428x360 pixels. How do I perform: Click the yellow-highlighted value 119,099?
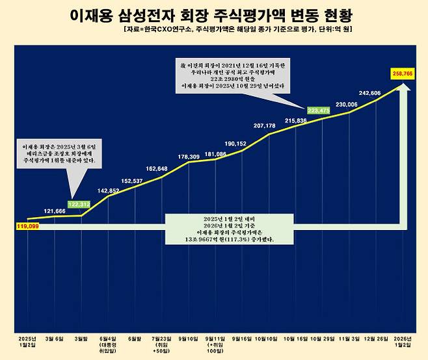coord(25,226)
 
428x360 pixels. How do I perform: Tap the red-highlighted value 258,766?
coord(403,75)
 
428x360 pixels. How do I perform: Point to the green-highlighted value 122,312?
coord(80,204)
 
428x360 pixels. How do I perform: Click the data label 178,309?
coord(189,157)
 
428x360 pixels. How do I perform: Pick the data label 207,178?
coord(269,125)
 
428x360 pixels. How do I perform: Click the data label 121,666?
coord(55,211)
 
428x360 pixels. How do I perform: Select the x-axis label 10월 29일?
coord(323,339)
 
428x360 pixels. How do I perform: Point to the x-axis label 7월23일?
coord(162,339)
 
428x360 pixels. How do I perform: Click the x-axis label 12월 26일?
coord(377,339)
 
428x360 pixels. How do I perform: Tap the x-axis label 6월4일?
coord(108,339)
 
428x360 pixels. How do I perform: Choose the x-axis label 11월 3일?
coord(350,339)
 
